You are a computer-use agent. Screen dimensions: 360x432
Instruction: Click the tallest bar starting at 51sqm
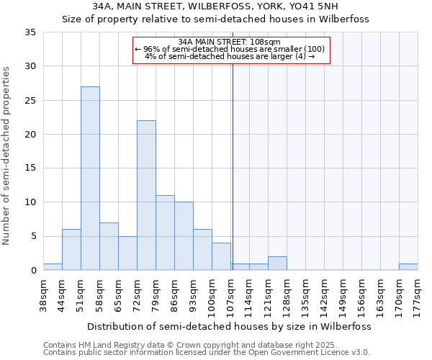coord(90,179)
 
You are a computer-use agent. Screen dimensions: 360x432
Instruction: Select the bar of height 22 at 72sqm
coord(146,195)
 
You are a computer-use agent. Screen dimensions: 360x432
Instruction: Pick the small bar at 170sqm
coord(408,267)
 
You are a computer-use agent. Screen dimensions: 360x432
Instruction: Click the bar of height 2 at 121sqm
coord(277,264)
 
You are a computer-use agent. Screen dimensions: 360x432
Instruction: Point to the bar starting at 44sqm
coord(71,250)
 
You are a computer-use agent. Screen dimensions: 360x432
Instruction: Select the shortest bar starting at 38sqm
coord(53,267)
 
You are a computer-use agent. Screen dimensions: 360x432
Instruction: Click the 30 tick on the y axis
coord(31,66)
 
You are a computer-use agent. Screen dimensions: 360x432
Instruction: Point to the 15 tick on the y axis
coord(31,168)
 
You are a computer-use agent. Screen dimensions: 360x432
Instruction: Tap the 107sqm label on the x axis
coord(230,295)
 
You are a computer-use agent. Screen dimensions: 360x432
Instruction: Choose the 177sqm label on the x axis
coord(418,295)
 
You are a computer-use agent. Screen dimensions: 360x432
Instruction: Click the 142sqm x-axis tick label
coord(324,295)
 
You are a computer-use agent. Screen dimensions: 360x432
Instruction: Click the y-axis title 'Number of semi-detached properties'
coord(7,156)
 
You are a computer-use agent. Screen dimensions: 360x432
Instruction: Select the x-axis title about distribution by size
coord(230,326)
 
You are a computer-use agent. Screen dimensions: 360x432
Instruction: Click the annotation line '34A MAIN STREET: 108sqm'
coord(231,42)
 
